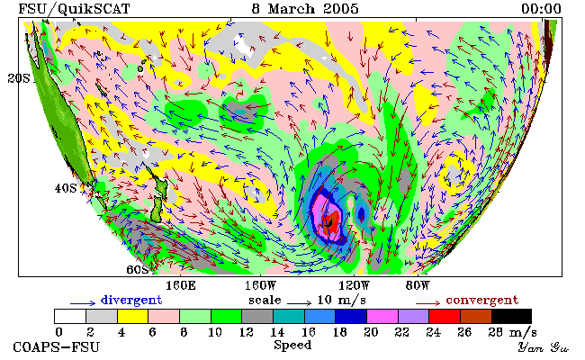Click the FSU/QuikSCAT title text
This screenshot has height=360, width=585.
tap(74, 9)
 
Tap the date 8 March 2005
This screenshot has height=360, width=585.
tap(305, 9)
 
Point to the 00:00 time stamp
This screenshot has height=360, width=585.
tap(541, 9)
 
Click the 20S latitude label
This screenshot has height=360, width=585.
tap(19, 78)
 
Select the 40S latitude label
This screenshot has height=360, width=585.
tap(66, 188)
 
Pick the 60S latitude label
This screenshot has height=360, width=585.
tap(138, 269)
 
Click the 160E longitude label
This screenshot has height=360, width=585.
tap(181, 286)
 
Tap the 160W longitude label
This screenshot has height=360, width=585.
tap(260, 286)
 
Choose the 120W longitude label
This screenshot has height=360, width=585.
tap(354, 286)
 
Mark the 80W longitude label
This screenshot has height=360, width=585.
tap(418, 286)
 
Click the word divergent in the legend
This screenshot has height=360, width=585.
tap(131, 300)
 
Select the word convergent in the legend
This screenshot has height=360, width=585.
tap(482, 300)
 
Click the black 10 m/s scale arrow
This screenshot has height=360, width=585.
tap(299, 303)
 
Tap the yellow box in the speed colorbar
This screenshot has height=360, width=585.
tap(132, 316)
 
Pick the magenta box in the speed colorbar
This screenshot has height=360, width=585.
tap(382, 316)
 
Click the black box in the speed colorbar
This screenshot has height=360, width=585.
tap(511, 316)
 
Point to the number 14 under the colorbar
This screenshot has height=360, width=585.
tap(277, 332)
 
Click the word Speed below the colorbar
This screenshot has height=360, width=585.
tap(292, 345)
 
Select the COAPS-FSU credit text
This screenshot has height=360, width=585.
tap(57, 347)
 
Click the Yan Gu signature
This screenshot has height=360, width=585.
tap(543, 347)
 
